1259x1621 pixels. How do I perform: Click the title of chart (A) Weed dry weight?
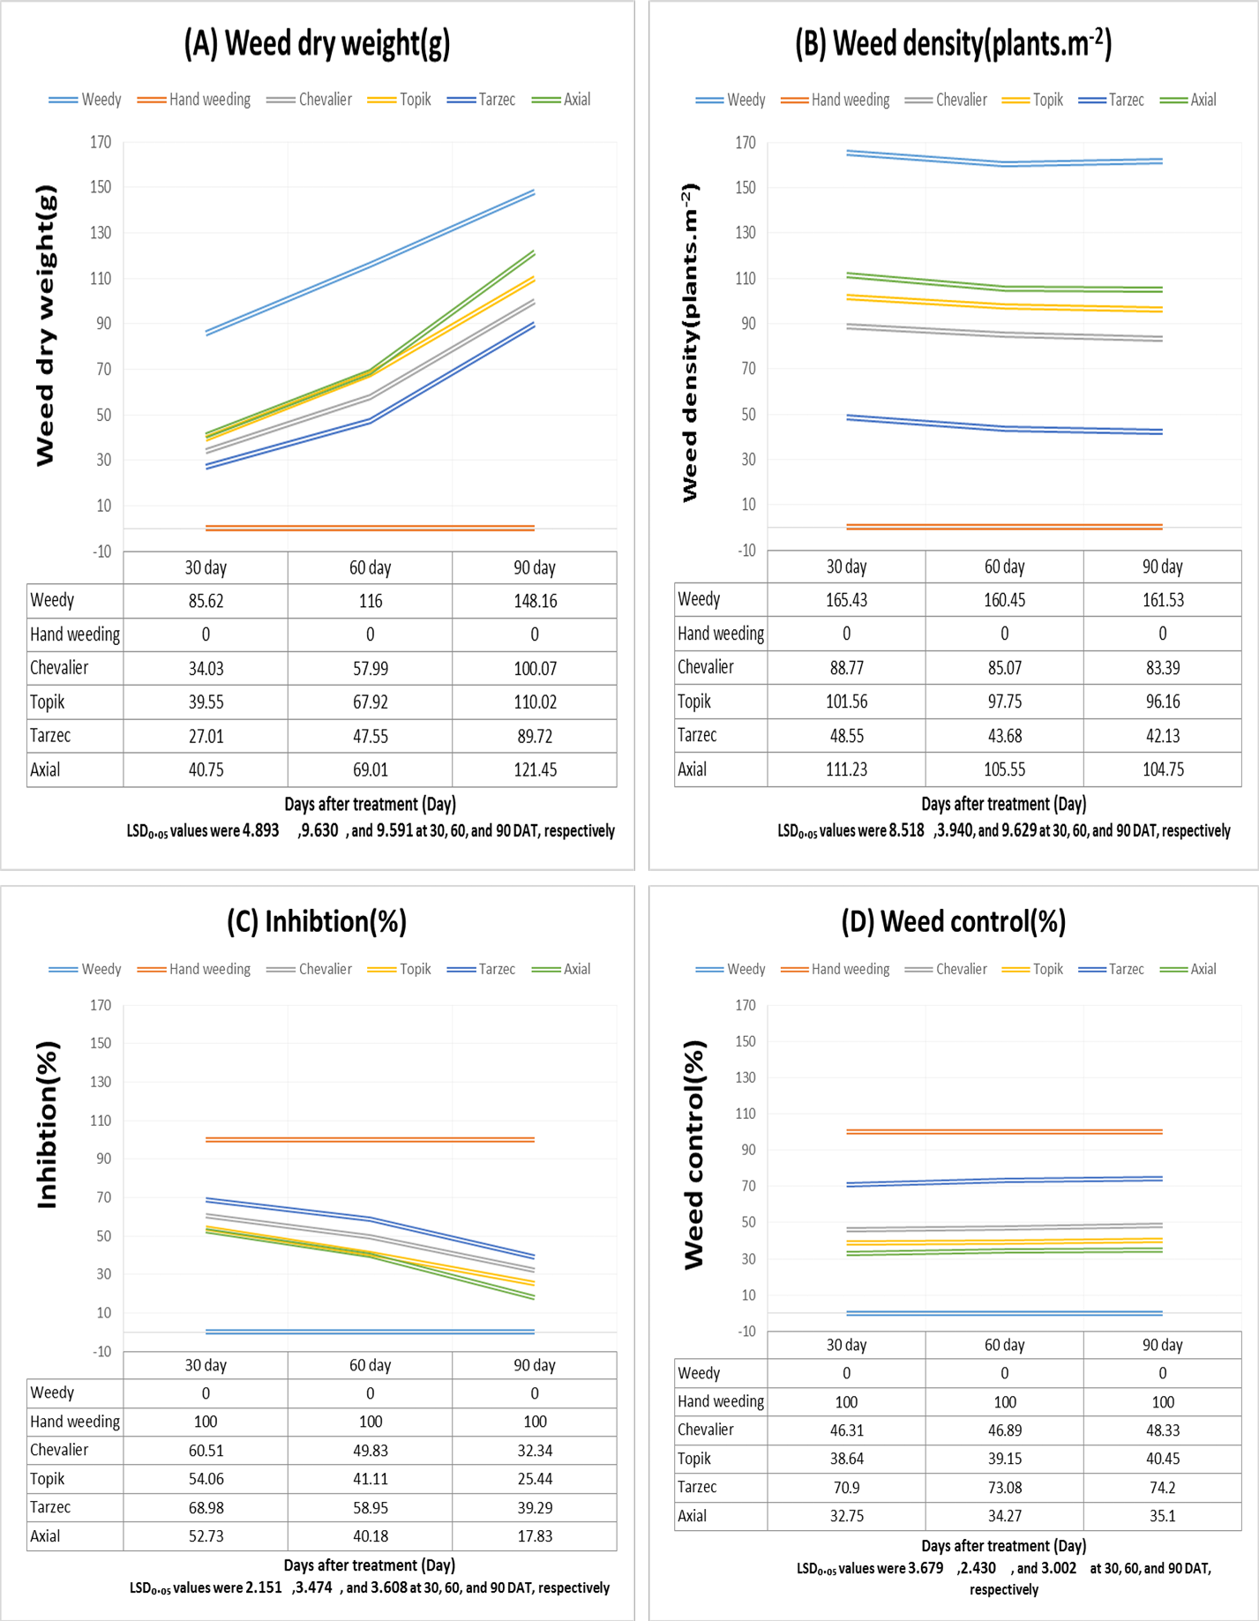(x=317, y=43)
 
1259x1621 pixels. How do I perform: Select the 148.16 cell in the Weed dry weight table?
(x=535, y=601)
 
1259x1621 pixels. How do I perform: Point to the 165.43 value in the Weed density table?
(x=846, y=600)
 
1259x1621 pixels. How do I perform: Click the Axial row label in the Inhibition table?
(x=45, y=1536)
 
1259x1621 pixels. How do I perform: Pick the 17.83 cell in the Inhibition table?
(x=535, y=1536)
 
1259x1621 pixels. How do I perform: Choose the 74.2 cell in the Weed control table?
(x=1162, y=1488)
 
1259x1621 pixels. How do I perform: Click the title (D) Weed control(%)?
(x=954, y=922)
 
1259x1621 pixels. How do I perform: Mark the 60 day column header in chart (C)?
(x=370, y=1365)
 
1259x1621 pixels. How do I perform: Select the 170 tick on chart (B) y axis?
(x=746, y=142)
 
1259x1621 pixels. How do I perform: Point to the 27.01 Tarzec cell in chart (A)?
(x=206, y=736)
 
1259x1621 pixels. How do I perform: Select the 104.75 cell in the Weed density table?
(x=1163, y=769)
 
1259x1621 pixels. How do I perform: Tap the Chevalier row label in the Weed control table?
(x=705, y=1430)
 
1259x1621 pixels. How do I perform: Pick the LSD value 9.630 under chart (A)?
(x=320, y=830)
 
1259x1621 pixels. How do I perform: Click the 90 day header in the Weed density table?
(x=1163, y=567)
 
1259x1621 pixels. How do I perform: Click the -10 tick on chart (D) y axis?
(x=746, y=1331)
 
